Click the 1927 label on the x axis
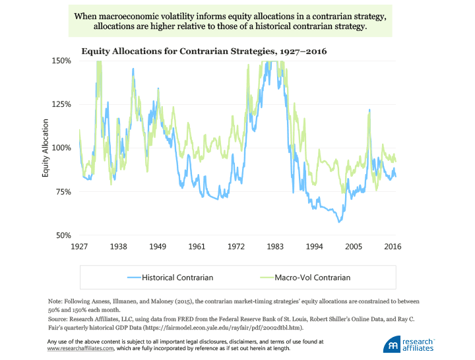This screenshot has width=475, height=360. tap(79, 247)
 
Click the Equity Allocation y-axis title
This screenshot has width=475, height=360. tap(46, 148)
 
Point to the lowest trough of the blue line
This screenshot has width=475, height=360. tap(340, 222)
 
